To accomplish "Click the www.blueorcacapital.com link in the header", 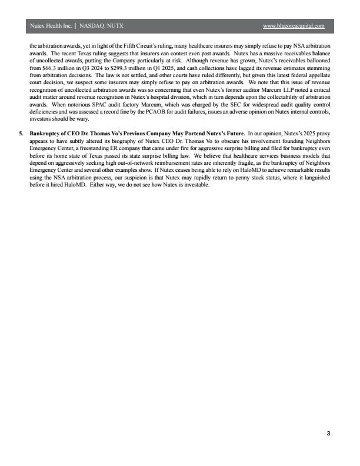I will pos(294,26).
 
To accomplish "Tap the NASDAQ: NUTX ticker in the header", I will pos(102,26).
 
